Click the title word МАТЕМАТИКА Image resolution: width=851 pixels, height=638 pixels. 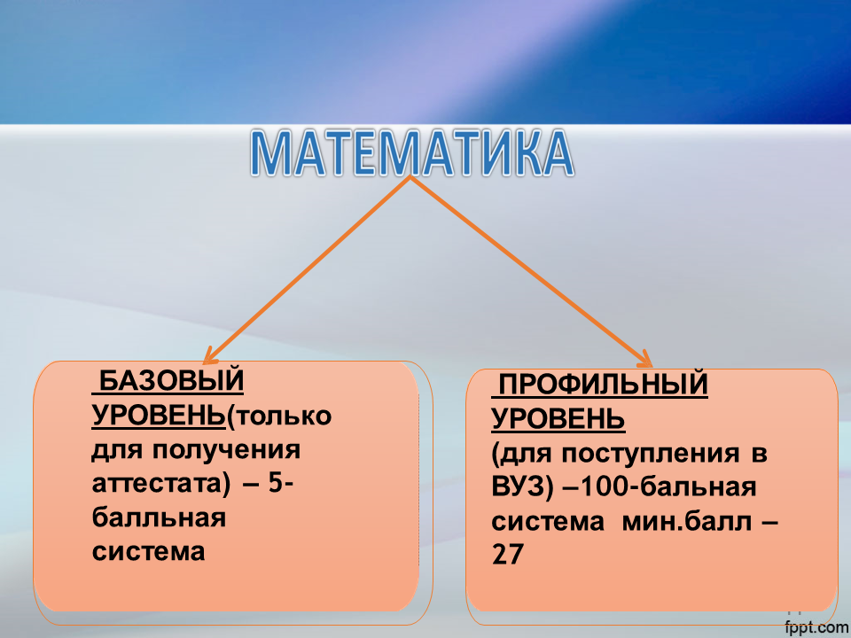pyautogui.click(x=412, y=153)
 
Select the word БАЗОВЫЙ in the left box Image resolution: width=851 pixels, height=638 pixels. pyautogui.click(x=171, y=380)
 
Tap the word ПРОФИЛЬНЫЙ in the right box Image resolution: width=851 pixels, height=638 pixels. pyautogui.click(x=603, y=384)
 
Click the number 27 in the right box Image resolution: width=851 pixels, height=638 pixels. pyautogui.click(x=507, y=555)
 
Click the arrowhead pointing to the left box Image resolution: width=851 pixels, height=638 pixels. pyautogui.click(x=208, y=358)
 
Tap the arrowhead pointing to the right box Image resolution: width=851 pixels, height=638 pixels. pyautogui.click(x=646, y=359)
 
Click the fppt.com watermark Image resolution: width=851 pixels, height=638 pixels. pyautogui.click(x=816, y=627)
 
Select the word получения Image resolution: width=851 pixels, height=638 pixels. pyautogui.click(x=226, y=450)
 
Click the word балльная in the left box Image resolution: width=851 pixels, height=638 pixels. pyautogui.click(x=159, y=517)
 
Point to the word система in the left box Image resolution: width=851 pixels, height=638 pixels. pyautogui.click(x=148, y=551)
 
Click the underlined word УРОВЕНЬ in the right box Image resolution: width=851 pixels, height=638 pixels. pyautogui.click(x=558, y=418)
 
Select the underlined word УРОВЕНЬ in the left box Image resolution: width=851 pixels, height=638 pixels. pyautogui.click(x=159, y=415)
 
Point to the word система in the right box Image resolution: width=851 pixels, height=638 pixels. pyautogui.click(x=548, y=521)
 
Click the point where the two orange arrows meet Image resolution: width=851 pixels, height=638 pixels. pyautogui.click(x=410, y=179)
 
